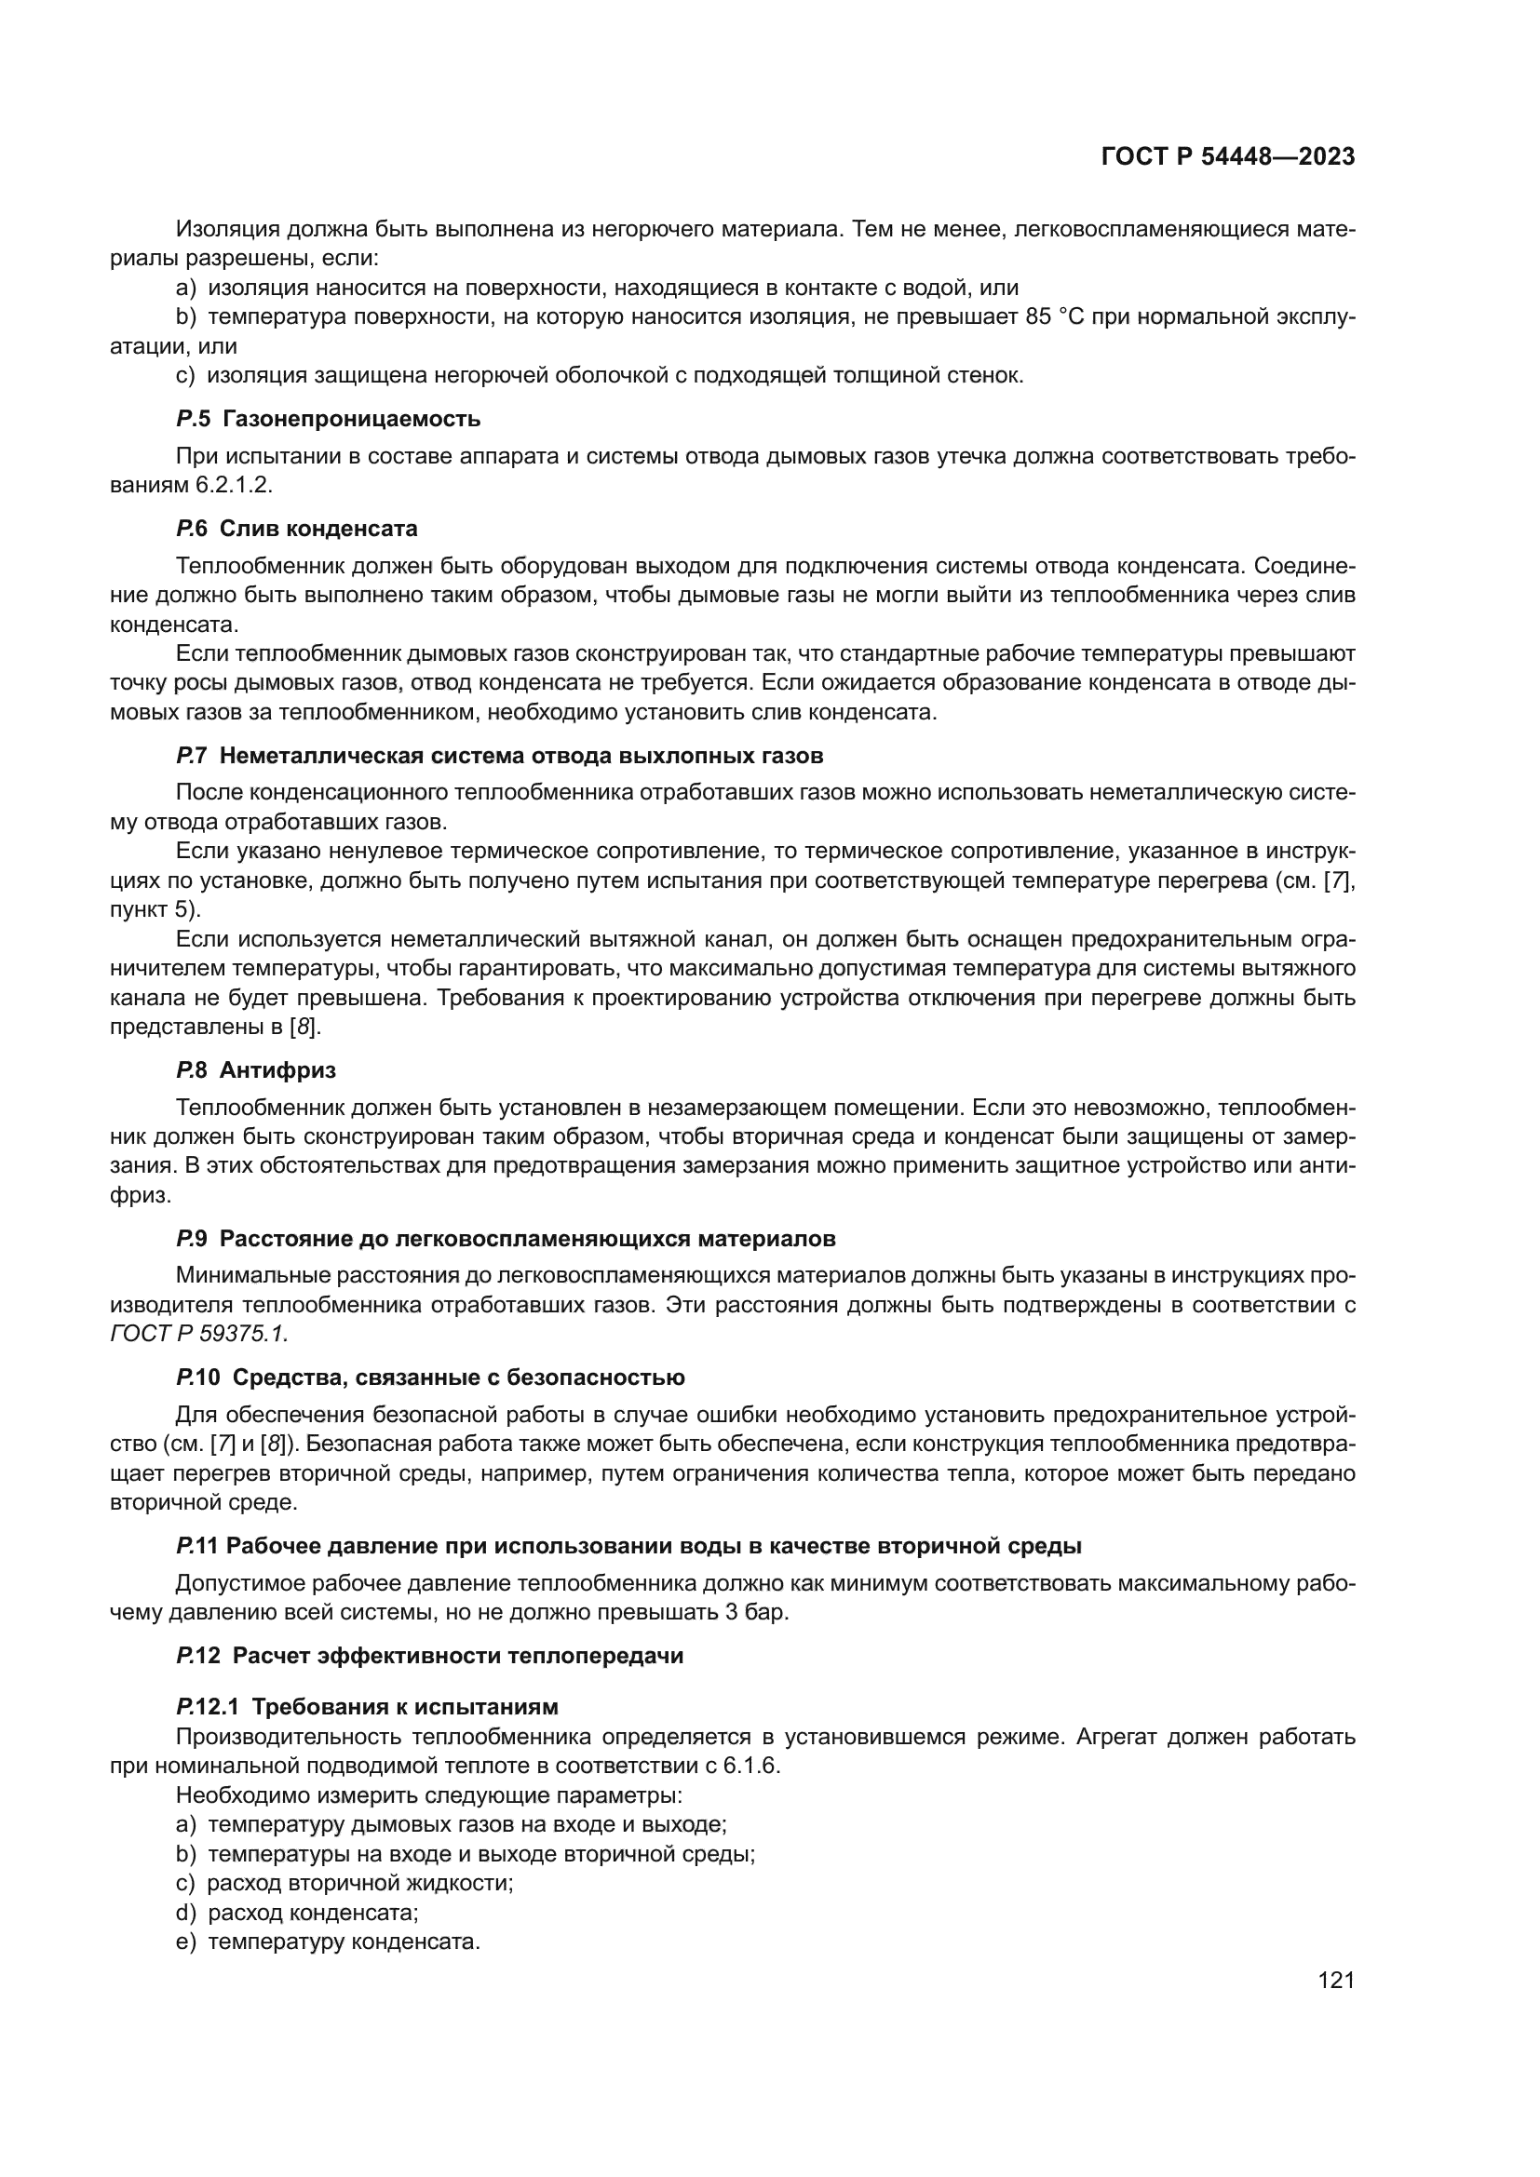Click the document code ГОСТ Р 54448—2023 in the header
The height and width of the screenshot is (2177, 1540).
(1227, 157)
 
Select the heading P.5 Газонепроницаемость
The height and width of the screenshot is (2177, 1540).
(328, 419)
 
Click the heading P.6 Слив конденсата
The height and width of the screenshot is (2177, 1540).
(296, 528)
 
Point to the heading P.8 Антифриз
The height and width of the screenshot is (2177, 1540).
(255, 1070)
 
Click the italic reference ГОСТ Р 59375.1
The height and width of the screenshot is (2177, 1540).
(199, 1333)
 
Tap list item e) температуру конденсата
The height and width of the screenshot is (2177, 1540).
(328, 1942)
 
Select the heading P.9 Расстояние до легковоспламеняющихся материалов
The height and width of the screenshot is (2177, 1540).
(506, 1239)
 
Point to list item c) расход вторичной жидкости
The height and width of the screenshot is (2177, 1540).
(344, 1883)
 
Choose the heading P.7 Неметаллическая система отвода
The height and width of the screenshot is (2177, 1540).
(499, 756)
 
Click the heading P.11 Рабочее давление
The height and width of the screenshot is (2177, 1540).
(628, 1546)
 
